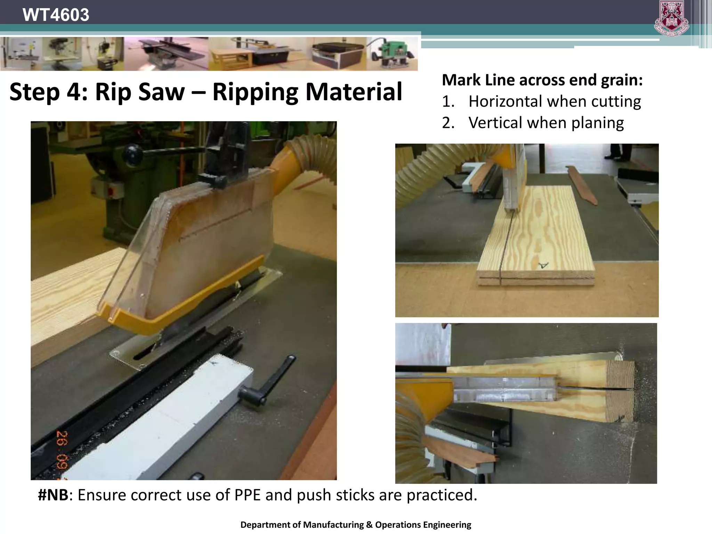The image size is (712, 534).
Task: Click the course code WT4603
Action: point(56,15)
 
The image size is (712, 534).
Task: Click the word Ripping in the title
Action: point(255,92)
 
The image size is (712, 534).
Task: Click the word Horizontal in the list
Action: point(505,102)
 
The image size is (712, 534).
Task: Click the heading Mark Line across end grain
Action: point(542,80)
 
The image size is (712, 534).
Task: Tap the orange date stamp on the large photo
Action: point(63,452)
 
